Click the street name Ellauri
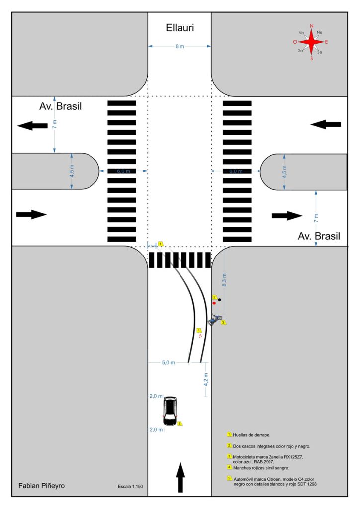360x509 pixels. [180, 28]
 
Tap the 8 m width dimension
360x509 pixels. [180, 46]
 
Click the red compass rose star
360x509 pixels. [312, 42]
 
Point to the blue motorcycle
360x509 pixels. [215, 320]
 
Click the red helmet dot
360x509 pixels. [214, 302]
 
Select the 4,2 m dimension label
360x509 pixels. [206, 380]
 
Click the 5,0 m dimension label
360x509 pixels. [168, 362]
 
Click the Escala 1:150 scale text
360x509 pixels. [131, 486]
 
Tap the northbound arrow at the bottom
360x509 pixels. [180, 476]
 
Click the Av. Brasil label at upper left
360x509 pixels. [60, 106]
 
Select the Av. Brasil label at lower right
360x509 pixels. [319, 236]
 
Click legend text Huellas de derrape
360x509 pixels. [252, 434]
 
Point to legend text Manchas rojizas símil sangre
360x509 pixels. [261, 468]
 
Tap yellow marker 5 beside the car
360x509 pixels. [180, 424]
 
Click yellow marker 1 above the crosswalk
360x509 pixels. [161, 244]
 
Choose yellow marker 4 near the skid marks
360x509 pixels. [198, 330]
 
